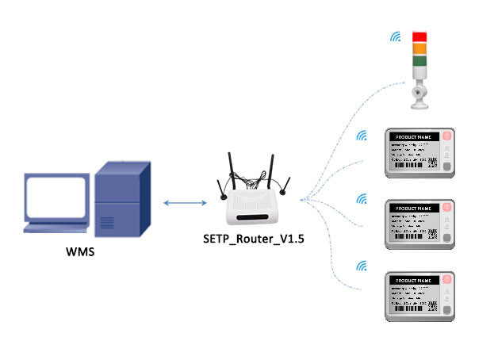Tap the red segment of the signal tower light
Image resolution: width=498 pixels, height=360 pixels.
[x=419, y=36]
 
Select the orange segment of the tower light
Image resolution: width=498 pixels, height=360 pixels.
[x=419, y=48]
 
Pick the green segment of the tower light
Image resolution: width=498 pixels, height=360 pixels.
[x=419, y=60]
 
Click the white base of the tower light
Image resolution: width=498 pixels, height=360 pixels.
[x=419, y=96]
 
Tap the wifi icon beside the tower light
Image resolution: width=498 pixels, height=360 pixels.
[x=394, y=36]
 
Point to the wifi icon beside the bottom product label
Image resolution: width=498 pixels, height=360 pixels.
[x=363, y=265]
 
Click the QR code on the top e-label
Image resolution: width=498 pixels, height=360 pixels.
[x=432, y=163]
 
